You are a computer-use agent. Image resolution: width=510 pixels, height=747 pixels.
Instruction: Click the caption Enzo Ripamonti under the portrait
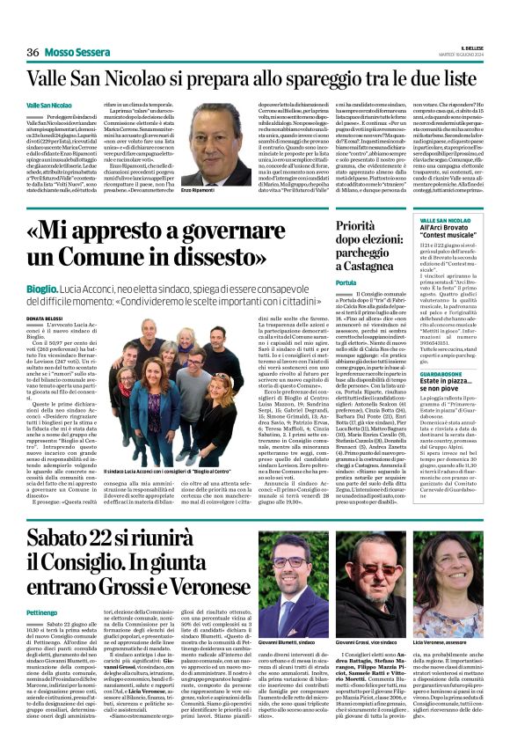pyautogui.click(x=197, y=189)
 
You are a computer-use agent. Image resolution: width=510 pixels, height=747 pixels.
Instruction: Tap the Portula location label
pyautogui.click(x=321, y=281)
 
